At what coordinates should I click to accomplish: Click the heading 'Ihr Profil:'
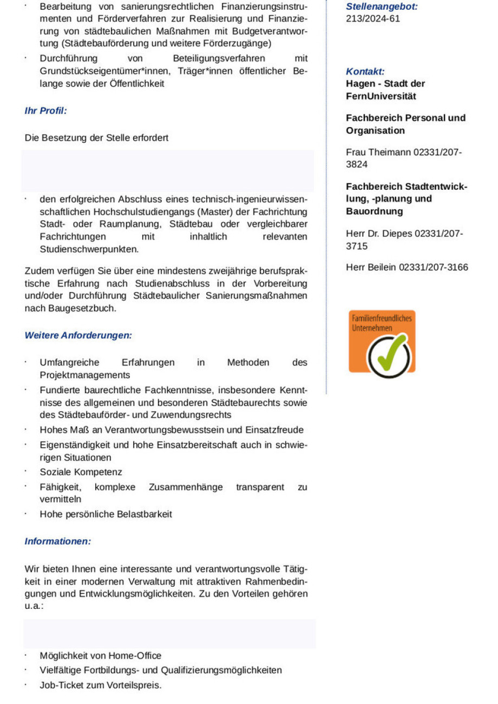(45, 111)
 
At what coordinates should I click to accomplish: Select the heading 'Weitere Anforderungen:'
(78, 335)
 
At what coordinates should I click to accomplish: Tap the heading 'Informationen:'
(57, 541)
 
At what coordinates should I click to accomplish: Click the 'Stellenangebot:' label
(382, 7)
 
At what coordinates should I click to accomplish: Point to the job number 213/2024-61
(373, 19)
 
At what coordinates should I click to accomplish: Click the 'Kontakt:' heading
(365, 71)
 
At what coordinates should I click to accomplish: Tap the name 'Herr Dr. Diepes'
(378, 234)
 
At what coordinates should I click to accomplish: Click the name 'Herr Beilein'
(371, 267)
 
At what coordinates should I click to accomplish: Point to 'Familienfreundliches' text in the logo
(382, 318)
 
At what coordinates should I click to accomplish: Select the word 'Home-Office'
(135, 656)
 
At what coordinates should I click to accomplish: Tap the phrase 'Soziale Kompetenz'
(81, 472)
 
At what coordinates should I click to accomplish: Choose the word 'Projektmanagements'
(84, 375)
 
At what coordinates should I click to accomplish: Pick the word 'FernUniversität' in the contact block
(381, 96)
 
